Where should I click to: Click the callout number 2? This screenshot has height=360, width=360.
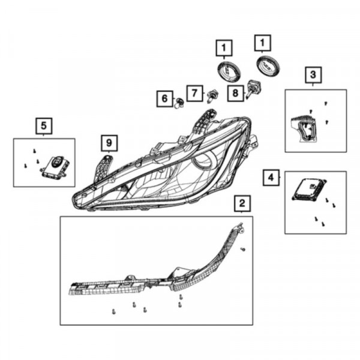click(242, 203)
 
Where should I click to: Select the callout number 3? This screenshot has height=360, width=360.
click(313, 75)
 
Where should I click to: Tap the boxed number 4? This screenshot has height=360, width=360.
click(271, 178)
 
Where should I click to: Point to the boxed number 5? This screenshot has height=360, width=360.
click(44, 126)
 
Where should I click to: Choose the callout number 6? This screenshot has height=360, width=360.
click(164, 99)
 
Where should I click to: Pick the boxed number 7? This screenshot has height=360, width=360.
click(194, 93)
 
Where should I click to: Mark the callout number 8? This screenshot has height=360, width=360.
click(236, 93)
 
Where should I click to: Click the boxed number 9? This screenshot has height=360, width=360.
click(109, 143)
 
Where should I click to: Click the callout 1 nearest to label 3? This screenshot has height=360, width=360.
click(263, 43)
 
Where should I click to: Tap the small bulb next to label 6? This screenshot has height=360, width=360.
click(179, 103)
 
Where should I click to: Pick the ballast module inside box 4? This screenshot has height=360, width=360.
click(309, 190)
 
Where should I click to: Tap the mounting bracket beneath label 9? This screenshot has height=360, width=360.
click(103, 169)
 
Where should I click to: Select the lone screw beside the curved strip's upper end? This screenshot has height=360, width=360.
click(243, 249)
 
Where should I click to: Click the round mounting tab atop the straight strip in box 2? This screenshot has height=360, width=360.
click(130, 277)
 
